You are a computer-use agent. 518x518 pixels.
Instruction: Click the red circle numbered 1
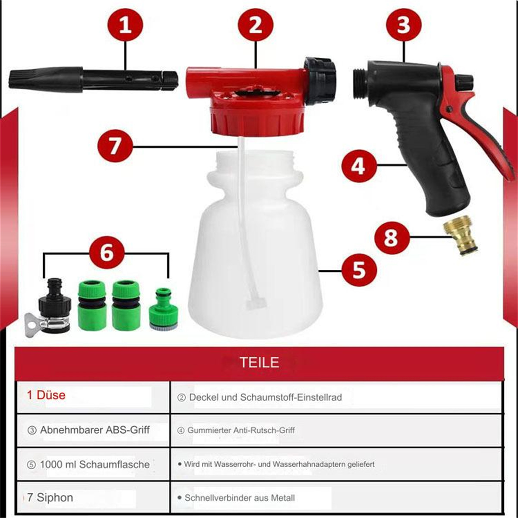click(125, 25)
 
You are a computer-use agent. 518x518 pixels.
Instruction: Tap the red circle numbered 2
click(256, 25)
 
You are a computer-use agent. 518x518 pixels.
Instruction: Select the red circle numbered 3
click(404, 25)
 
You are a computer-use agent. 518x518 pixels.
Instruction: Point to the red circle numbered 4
click(359, 167)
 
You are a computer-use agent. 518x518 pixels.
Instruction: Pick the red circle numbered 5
click(359, 271)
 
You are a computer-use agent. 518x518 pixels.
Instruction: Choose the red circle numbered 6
click(107, 253)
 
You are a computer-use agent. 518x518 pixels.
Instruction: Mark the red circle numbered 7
click(115, 146)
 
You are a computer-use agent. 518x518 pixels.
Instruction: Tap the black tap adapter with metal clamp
click(48, 309)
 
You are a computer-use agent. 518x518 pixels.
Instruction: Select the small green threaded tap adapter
click(164, 309)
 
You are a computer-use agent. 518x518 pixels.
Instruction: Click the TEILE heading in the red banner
click(259, 363)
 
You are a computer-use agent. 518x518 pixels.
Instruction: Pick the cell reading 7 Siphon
click(94, 497)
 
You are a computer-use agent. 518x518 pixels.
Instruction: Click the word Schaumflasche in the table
click(114, 464)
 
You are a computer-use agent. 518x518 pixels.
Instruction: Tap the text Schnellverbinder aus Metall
click(240, 498)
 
